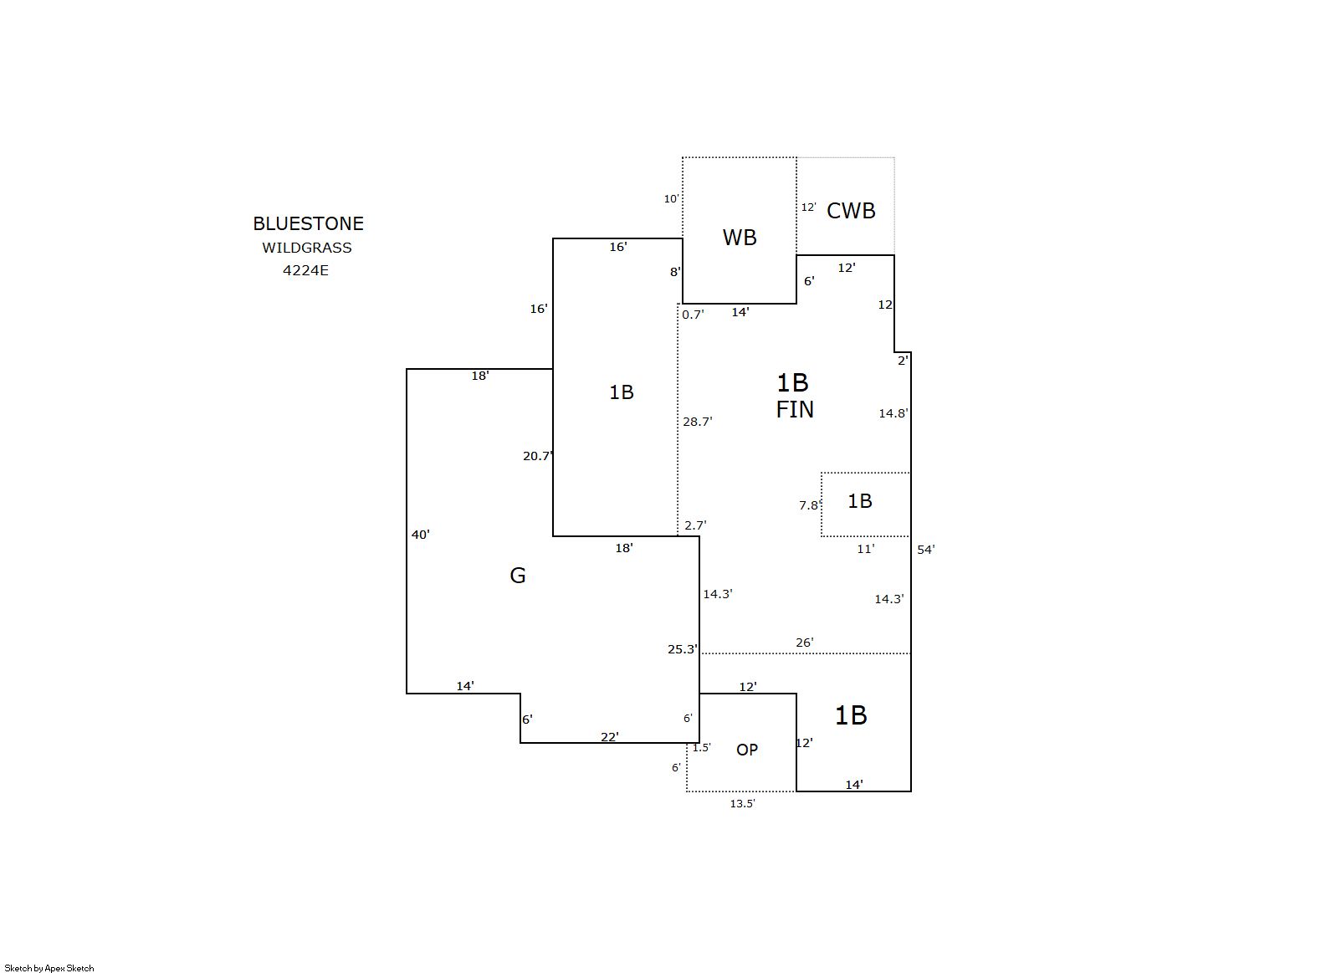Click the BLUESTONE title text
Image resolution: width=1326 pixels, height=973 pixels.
point(308,223)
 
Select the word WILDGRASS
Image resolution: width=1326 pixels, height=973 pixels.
point(307,248)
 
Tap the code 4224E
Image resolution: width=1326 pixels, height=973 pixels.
point(305,270)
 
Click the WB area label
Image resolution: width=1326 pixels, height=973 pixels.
point(740,238)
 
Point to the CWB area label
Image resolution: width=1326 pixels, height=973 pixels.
point(851,211)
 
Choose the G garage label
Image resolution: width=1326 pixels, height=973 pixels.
point(517,576)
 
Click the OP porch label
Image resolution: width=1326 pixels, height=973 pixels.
point(747,750)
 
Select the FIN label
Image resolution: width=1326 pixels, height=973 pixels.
point(795,410)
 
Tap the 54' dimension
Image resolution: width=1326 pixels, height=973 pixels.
point(926,550)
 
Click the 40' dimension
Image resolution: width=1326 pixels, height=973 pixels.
point(420,535)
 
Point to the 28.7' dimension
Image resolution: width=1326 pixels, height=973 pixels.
point(698,422)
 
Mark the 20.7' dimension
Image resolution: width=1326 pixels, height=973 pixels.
point(537,456)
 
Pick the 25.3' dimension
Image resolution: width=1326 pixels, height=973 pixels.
point(683,649)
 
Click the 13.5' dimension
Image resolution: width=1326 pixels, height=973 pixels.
point(742,804)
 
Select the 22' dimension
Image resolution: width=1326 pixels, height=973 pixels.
point(610,737)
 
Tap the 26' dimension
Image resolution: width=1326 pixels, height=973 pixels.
point(805,643)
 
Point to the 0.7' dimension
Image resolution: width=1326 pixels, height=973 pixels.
point(693,315)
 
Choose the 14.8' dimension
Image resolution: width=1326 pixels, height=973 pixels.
point(893,413)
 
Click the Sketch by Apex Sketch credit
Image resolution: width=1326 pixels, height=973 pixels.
point(49,968)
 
